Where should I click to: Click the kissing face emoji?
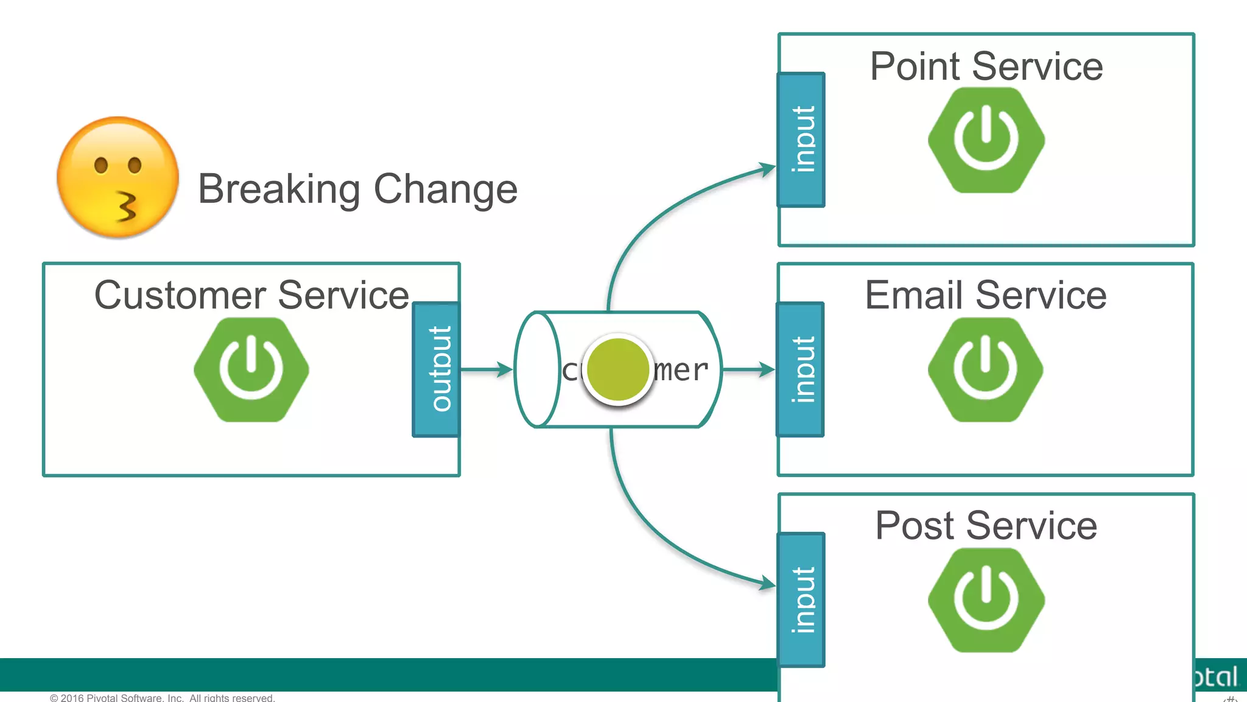coord(118,177)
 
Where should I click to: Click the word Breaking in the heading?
coord(279,190)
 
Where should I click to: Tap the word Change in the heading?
coord(445,190)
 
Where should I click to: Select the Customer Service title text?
coord(251,296)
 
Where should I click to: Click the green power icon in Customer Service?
coord(251,369)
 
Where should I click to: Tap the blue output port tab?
coord(437,369)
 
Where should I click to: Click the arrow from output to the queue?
coord(487,369)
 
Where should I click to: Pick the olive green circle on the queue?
coord(617,370)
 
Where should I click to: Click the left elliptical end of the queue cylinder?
coord(537,369)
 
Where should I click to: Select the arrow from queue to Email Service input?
coord(749,369)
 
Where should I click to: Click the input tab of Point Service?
coord(801,140)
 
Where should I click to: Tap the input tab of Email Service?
coord(801,369)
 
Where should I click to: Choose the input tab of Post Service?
coord(801,600)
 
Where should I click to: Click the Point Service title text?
coord(986,66)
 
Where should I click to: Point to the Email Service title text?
coord(986,296)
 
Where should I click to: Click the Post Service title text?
coord(986,525)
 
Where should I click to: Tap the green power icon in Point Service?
coord(986,140)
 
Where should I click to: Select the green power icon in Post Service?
coord(986,600)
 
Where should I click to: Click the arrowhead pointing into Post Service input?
coord(767,584)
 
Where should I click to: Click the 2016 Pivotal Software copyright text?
coord(163,698)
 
